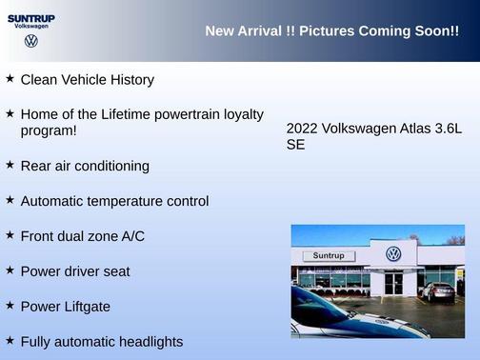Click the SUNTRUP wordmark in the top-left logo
[30, 18]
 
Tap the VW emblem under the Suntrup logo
[31, 41]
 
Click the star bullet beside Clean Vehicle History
[10, 79]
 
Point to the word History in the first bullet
[130, 80]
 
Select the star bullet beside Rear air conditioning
[10, 165]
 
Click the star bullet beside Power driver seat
[10, 270]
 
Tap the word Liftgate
[85, 307]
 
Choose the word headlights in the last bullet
[147, 341]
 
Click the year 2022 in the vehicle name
[302, 129]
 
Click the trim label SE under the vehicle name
[295, 146]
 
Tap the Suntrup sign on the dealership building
[328, 255]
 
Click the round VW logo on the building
[393, 253]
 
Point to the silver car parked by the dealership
[439, 291]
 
